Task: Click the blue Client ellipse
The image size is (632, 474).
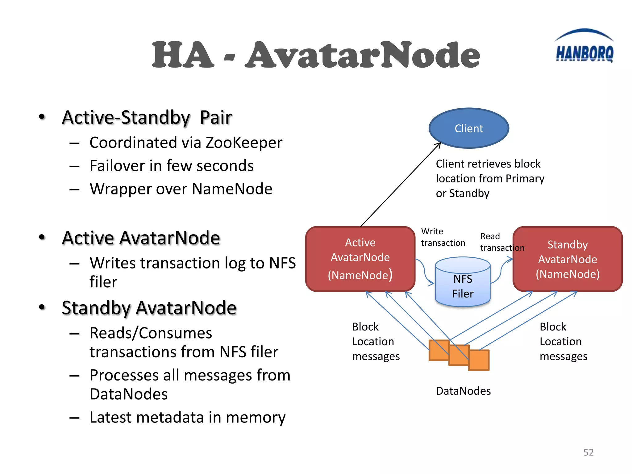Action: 468,128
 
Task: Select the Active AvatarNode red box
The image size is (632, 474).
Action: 360,259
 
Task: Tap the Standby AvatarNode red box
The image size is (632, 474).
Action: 567,259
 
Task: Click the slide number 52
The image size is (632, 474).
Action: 588,452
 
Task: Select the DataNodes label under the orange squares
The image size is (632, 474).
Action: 463,391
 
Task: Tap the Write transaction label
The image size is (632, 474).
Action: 443,237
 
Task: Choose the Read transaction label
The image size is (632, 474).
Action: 501,242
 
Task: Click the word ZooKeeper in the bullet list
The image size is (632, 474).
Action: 244,143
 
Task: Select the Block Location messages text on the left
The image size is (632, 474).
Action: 375,341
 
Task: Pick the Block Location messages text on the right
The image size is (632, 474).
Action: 563,341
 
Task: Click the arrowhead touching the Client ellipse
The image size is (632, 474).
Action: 439,144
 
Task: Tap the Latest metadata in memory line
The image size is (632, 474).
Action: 187,417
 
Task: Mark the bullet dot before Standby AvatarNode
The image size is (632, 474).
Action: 42,307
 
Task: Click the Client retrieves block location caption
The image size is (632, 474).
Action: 489,178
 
